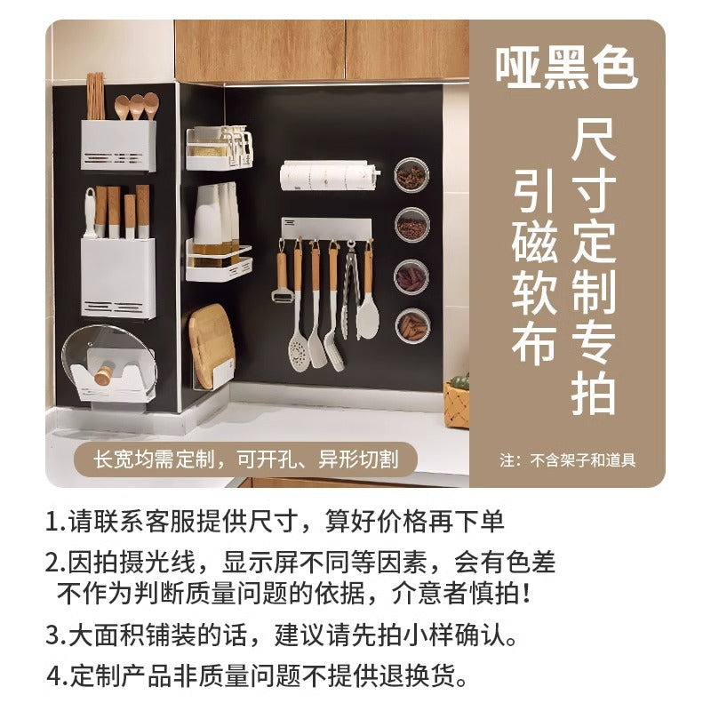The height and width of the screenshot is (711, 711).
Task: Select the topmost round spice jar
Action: [x=411, y=175]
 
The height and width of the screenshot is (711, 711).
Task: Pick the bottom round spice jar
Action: [x=412, y=326]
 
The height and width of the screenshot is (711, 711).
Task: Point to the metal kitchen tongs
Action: [x=350, y=291]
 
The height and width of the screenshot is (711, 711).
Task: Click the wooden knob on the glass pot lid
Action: [x=104, y=375]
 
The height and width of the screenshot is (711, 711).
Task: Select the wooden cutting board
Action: [x=211, y=345]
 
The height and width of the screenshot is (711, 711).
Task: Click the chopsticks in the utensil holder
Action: [x=95, y=96]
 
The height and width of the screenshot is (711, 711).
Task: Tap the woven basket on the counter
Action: [x=456, y=404]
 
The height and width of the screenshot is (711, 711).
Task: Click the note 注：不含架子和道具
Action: [x=567, y=460]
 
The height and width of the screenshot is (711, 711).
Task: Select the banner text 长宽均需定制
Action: [x=154, y=459]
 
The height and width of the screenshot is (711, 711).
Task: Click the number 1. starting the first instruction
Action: [x=56, y=521]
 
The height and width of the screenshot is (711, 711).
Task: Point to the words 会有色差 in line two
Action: [x=505, y=562]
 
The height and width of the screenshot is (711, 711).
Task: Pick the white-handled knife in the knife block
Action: [x=91, y=213]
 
